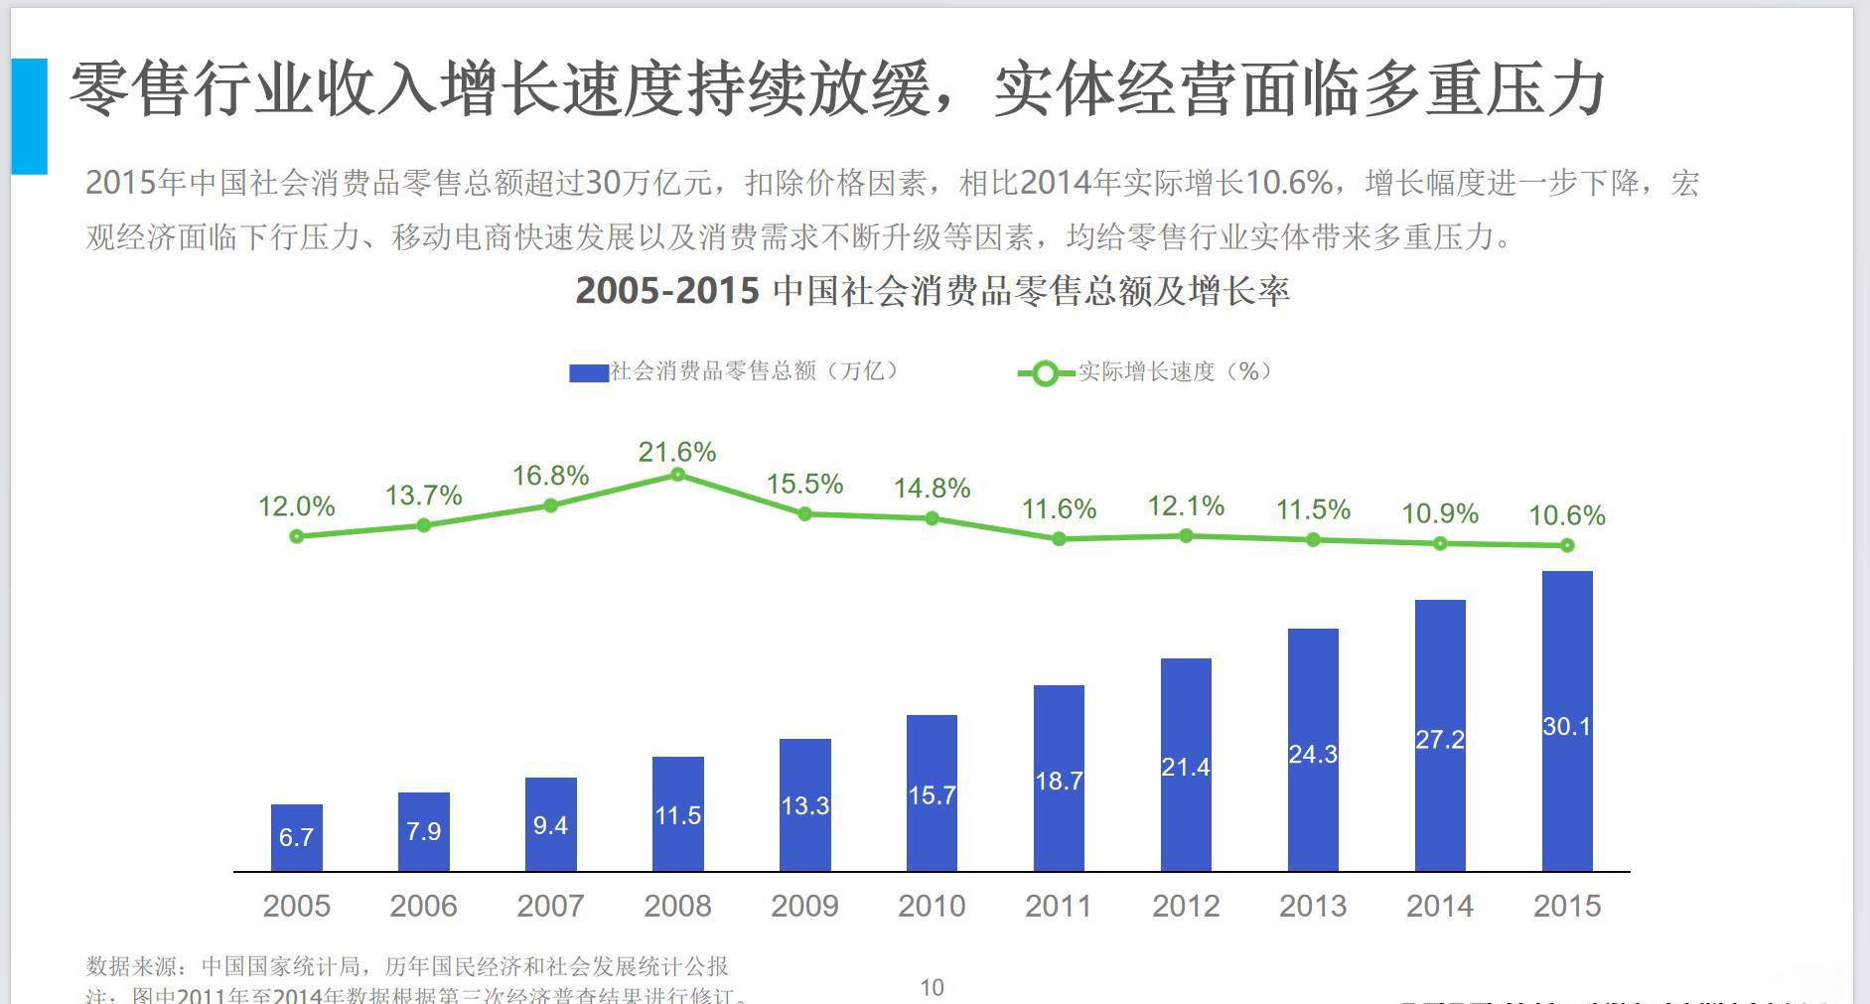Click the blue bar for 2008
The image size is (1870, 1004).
coord(677,814)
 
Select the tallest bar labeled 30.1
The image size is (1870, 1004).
coord(1566,722)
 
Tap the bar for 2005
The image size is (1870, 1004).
coord(296,838)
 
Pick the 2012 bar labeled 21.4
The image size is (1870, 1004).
coord(1185,765)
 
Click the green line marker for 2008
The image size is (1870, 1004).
coord(677,475)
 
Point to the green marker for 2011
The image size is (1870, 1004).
coord(1059,538)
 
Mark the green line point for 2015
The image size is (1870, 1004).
coord(1567,545)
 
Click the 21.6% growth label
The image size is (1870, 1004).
coord(677,452)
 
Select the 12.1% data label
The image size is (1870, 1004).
coord(1186,506)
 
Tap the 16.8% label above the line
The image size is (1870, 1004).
coord(550,476)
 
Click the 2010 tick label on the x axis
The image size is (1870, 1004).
coord(932,906)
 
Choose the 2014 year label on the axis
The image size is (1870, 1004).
coord(1440,906)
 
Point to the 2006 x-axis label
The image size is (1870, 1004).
coord(423,906)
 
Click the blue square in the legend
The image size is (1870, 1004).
coord(588,373)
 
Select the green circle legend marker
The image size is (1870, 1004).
coord(1045,373)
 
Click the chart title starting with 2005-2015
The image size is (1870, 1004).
coord(932,291)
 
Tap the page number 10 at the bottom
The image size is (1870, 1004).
coord(932,987)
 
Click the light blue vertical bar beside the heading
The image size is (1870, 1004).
coord(29,116)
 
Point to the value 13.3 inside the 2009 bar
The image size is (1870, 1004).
coord(804,805)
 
